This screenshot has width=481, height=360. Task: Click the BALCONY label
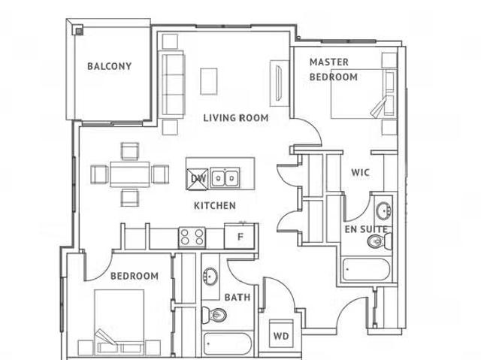pyautogui.click(x=109, y=66)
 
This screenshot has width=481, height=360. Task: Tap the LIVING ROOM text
pyautogui.click(x=236, y=118)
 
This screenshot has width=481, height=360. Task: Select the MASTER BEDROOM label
pyautogui.click(x=333, y=69)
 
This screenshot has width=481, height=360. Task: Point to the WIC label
pyautogui.click(x=360, y=172)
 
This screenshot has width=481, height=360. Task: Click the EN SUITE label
pyautogui.click(x=366, y=228)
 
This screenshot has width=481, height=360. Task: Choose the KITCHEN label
pyautogui.click(x=215, y=205)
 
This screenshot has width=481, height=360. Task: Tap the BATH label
pyautogui.click(x=237, y=298)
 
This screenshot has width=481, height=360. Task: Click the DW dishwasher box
pyautogui.click(x=198, y=178)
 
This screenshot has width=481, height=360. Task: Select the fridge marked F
pyautogui.click(x=240, y=237)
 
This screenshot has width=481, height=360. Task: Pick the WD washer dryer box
pyautogui.click(x=281, y=335)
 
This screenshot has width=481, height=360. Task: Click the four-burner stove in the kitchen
pyautogui.click(x=191, y=237)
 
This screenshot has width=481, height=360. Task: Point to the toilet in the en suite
pyautogui.click(x=377, y=241)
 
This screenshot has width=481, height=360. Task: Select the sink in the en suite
pyautogui.click(x=383, y=208)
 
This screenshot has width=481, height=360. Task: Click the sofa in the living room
pyautogui.click(x=172, y=83)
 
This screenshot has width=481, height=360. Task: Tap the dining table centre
pyautogui.click(x=129, y=174)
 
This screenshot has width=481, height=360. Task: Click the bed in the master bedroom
pyautogui.click(x=358, y=94)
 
